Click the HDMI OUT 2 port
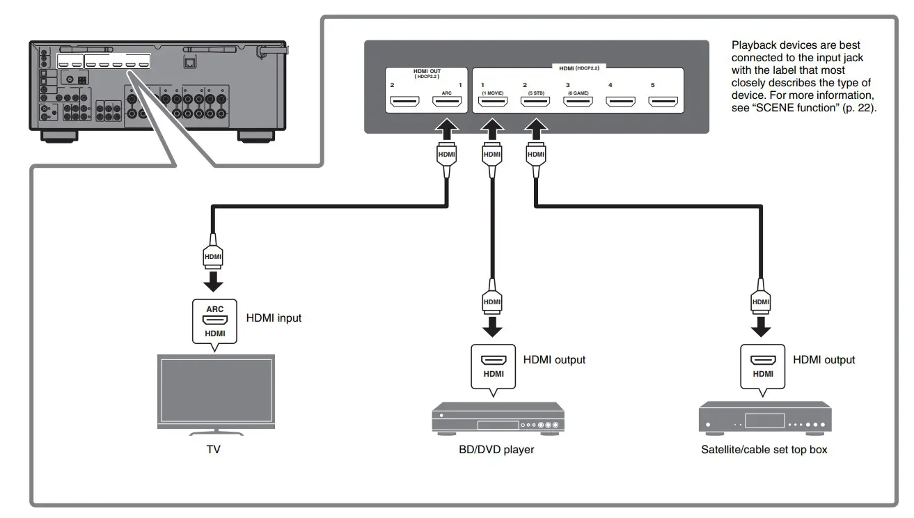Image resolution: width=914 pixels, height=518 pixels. click(404, 103)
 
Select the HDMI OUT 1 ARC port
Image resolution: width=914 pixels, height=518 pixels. click(448, 103)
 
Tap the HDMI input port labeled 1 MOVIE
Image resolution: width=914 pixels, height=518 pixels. click(493, 103)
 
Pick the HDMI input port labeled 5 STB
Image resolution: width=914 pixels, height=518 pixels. click(535, 103)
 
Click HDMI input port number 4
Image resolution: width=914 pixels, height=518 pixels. click(620, 103)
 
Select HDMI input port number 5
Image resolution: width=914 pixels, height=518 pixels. click(663, 103)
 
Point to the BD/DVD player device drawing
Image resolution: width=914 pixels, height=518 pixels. click(498, 419)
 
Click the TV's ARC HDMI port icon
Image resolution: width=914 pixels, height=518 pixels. click(215, 320)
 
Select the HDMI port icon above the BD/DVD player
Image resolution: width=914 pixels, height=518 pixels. click(494, 362)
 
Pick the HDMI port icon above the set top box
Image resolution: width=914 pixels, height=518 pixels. click(763, 362)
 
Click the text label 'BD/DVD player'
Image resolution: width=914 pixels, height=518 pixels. click(491, 450)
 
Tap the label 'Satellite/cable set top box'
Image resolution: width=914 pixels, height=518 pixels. click(764, 450)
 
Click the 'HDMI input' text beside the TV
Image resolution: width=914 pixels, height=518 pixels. click(274, 318)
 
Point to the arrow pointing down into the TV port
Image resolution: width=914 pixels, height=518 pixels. click(214, 281)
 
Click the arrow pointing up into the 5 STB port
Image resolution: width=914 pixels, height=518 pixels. click(535, 128)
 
